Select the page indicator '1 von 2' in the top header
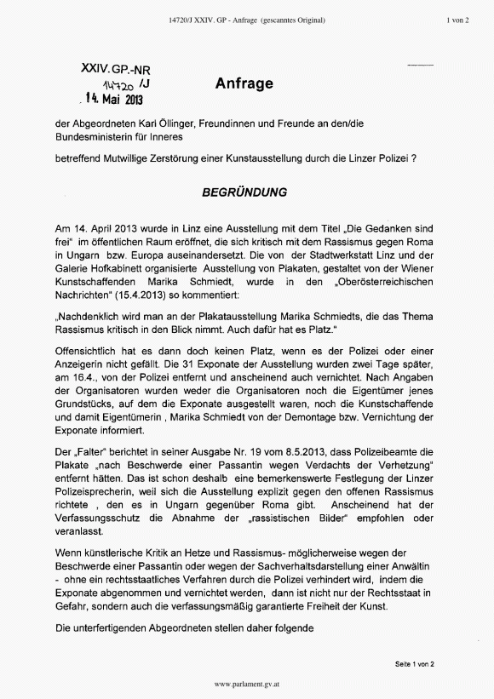[x=458, y=19]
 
